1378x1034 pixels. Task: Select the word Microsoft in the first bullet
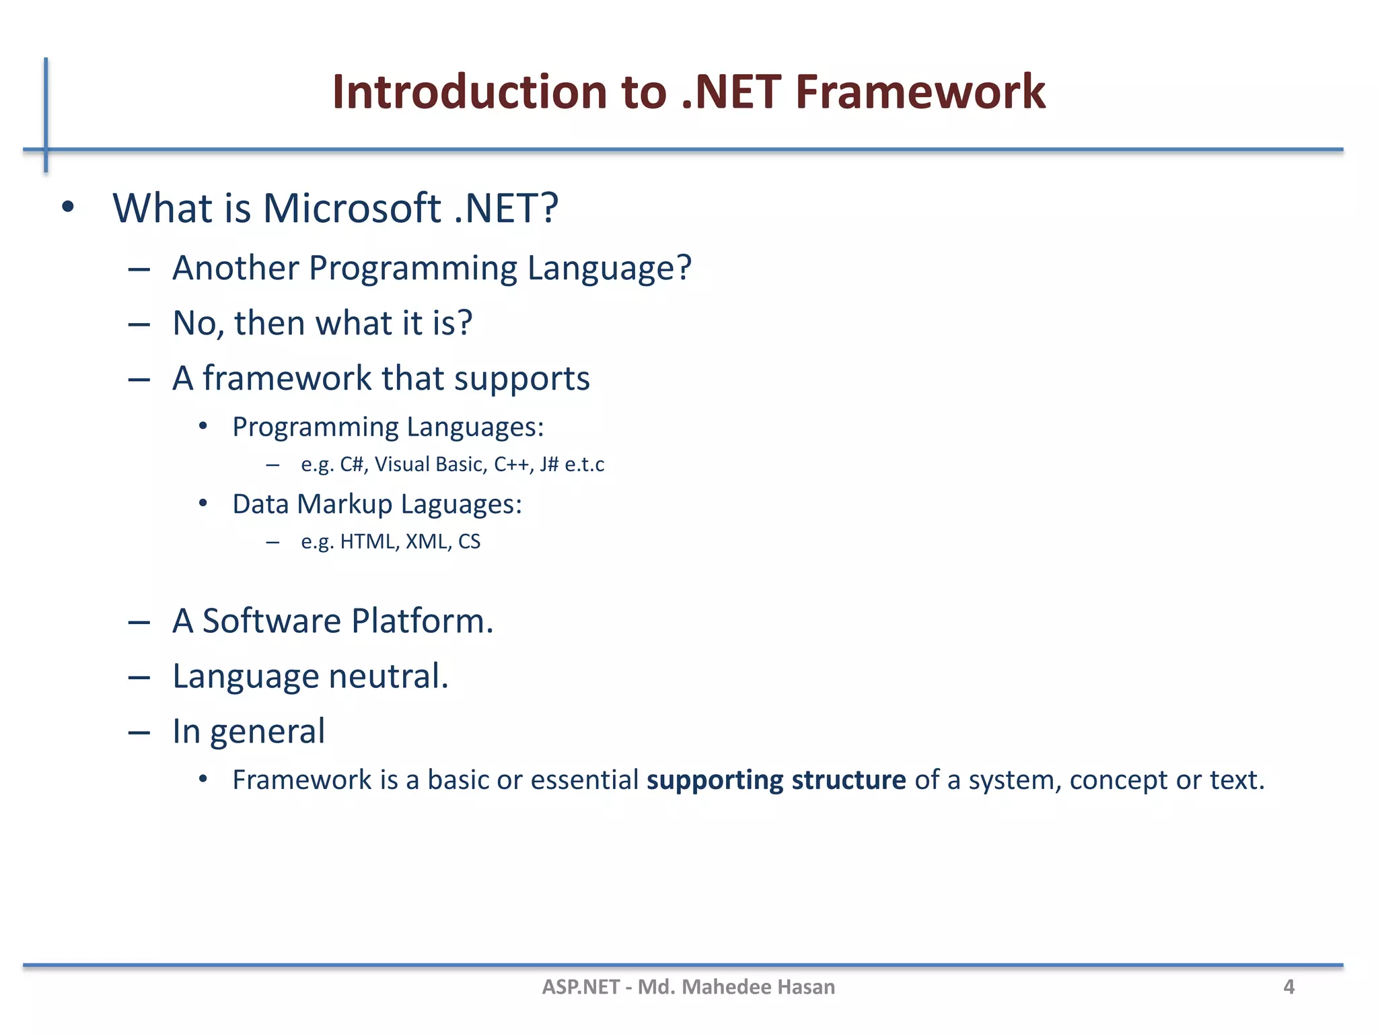(x=351, y=208)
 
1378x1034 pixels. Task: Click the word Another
(x=235, y=268)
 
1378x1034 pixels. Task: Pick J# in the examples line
(x=548, y=464)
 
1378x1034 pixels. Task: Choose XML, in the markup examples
(x=429, y=542)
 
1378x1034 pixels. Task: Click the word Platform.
(x=422, y=621)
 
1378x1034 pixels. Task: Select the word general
(x=267, y=732)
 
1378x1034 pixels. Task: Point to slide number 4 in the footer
(x=1289, y=987)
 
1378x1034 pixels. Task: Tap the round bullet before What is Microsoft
(x=67, y=208)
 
